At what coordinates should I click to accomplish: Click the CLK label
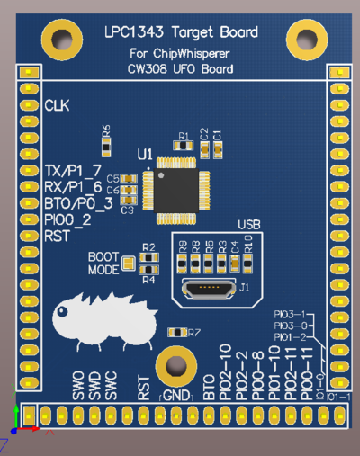click(56, 106)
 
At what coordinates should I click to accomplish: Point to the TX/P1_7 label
click(73, 171)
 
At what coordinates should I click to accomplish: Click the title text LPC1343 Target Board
click(181, 32)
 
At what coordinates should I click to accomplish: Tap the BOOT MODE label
click(103, 263)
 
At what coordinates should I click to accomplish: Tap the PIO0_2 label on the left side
click(67, 219)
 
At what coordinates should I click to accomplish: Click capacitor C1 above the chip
click(217, 147)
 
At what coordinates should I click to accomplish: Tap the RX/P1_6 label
click(73, 187)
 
